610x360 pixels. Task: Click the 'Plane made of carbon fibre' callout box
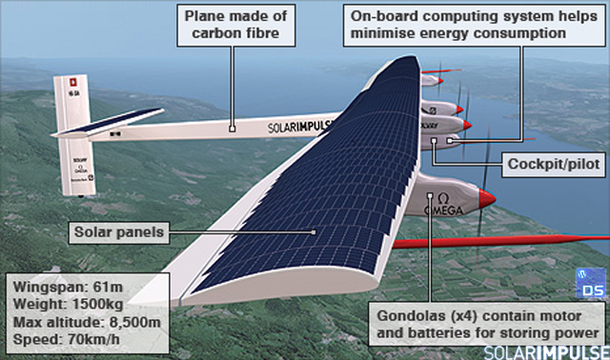236,26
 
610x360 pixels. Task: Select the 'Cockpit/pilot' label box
554,165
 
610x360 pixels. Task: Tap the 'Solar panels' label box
119,232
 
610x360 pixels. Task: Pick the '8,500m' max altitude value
134,322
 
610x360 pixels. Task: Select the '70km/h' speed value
93,339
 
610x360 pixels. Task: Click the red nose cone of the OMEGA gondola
487,198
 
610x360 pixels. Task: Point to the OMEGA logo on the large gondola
443,205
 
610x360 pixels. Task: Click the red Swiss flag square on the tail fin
72,82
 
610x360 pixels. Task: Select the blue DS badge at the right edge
591,283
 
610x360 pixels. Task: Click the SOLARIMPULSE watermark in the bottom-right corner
546,352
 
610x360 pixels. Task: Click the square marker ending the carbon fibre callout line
233,129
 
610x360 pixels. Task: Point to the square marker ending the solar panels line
314,232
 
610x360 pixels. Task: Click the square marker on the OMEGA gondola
430,195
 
